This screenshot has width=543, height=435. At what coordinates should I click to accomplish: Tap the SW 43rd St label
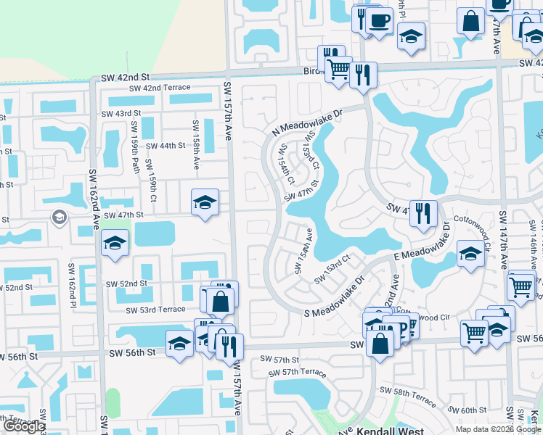[121, 114]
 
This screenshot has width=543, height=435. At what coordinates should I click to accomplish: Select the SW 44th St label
[163, 146]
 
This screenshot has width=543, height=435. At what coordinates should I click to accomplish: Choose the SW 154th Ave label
[303, 252]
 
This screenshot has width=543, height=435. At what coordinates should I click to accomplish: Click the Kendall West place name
[388, 429]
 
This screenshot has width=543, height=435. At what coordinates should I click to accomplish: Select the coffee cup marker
[379, 20]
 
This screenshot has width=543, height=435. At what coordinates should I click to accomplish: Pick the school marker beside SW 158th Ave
[205, 202]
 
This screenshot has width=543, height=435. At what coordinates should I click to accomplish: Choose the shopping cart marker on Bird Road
[338, 70]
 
